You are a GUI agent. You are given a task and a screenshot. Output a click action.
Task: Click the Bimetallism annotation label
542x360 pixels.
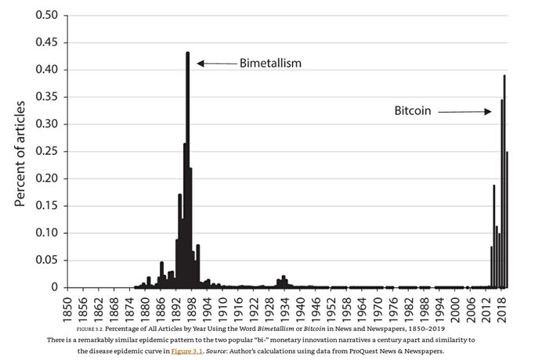pyautogui.click(x=270, y=63)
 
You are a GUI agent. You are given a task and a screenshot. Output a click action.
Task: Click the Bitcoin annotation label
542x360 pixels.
pyautogui.click(x=413, y=112)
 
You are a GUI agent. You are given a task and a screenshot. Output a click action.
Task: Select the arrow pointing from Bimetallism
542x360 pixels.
pyautogui.click(x=215, y=63)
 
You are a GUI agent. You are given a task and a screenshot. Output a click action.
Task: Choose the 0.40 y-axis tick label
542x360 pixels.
pyautogui.click(x=48, y=70)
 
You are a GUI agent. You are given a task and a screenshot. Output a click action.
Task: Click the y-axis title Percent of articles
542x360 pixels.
pyautogui.click(x=20, y=153)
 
